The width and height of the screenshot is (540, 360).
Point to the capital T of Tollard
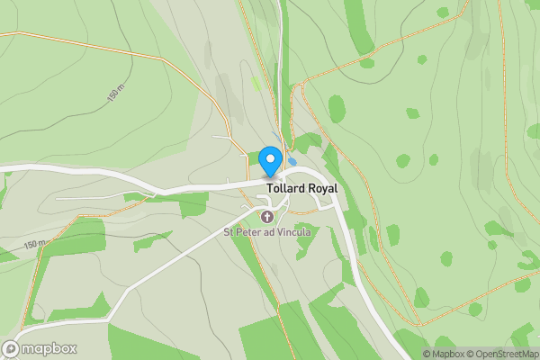tap(269, 189)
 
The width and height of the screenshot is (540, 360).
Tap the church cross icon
tap(267, 217)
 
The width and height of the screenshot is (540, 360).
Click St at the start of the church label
tap(229, 232)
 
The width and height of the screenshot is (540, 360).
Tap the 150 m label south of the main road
tap(34, 245)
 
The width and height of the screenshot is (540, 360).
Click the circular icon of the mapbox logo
tap(12, 348)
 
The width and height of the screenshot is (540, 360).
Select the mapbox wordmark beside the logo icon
tap(49, 349)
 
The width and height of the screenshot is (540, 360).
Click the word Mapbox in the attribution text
tap(449, 354)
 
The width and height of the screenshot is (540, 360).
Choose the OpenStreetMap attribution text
tap(508, 354)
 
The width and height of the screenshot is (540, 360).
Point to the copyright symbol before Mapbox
tap(427, 354)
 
